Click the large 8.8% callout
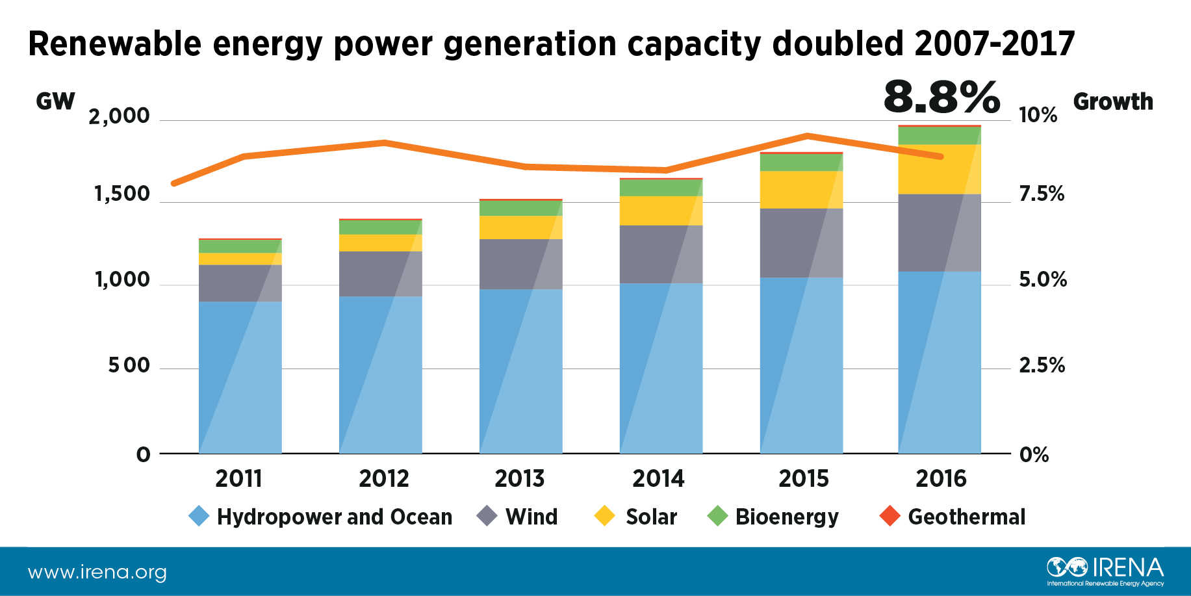click(x=941, y=97)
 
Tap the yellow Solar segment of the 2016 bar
click(x=940, y=169)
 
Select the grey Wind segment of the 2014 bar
click(x=661, y=254)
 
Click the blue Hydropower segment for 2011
click(x=240, y=377)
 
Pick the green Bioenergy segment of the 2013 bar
click(x=520, y=208)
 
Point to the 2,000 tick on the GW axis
click(x=119, y=116)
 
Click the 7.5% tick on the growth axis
click(x=1042, y=194)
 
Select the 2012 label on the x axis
click(x=383, y=479)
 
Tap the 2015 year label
click(x=804, y=479)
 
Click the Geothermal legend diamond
click(x=890, y=517)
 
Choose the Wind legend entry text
click(x=531, y=517)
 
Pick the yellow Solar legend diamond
click(x=605, y=517)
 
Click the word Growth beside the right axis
click(x=1113, y=101)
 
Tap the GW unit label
click(x=55, y=101)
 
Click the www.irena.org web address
click(x=97, y=573)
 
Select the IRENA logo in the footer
click(x=1105, y=570)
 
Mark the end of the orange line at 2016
click(x=940, y=157)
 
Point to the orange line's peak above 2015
click(x=806, y=136)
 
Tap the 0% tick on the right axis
click(x=1034, y=454)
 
